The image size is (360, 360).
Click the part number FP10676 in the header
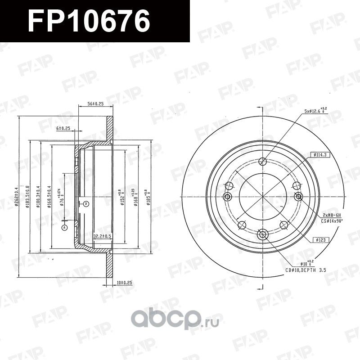pyautogui.click(x=89, y=21)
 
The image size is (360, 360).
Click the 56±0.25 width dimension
pyautogui.click(x=95, y=104)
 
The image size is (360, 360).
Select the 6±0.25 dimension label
pyautogui.click(x=63, y=129)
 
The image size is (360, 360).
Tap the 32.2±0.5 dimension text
pyautogui.click(x=102, y=236)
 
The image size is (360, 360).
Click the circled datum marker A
pyautogui.click(x=65, y=227)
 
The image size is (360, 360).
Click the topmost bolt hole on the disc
pyautogui.click(x=264, y=162)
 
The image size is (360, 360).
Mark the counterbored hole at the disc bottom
pyautogui.click(x=264, y=234)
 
